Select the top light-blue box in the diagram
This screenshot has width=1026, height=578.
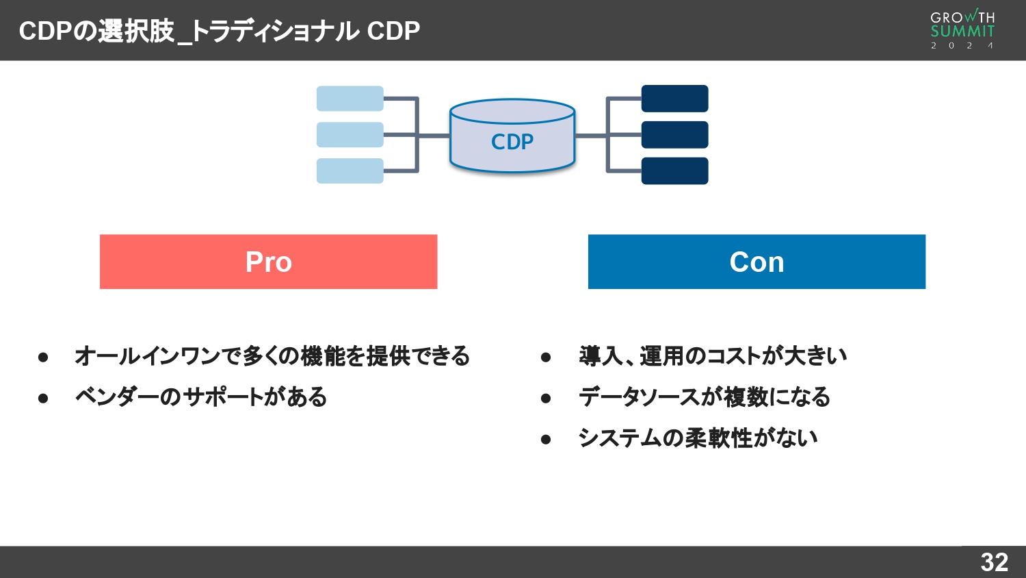pyautogui.click(x=350, y=99)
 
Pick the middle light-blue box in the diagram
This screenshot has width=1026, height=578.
pyautogui.click(x=350, y=135)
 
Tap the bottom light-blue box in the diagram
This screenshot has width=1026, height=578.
pyautogui.click(x=350, y=171)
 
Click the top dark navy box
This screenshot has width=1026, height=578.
pyautogui.click(x=674, y=99)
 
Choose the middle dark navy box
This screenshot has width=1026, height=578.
pyautogui.click(x=674, y=135)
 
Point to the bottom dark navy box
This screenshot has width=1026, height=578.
pyautogui.click(x=674, y=171)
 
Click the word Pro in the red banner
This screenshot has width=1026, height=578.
pyautogui.click(x=268, y=262)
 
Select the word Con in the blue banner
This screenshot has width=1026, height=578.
pyautogui.click(x=757, y=262)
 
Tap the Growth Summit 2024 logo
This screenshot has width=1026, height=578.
pyautogui.click(x=962, y=29)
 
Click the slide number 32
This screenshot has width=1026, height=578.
pyautogui.click(x=994, y=562)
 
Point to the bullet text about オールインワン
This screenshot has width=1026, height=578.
pyautogui.click(x=272, y=356)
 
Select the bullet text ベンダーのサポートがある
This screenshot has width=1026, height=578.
pyautogui.click(x=201, y=397)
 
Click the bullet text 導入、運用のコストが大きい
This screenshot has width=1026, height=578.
pyautogui.click(x=712, y=356)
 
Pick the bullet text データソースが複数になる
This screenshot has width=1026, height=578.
pyautogui.click(x=704, y=397)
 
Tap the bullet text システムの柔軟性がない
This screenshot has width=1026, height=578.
pyautogui.click(x=698, y=438)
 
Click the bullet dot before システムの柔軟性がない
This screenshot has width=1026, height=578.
pyautogui.click(x=545, y=439)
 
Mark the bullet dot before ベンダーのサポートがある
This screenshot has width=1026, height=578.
pyautogui.click(x=43, y=398)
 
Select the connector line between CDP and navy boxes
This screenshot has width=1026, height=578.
pyautogui.click(x=591, y=136)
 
